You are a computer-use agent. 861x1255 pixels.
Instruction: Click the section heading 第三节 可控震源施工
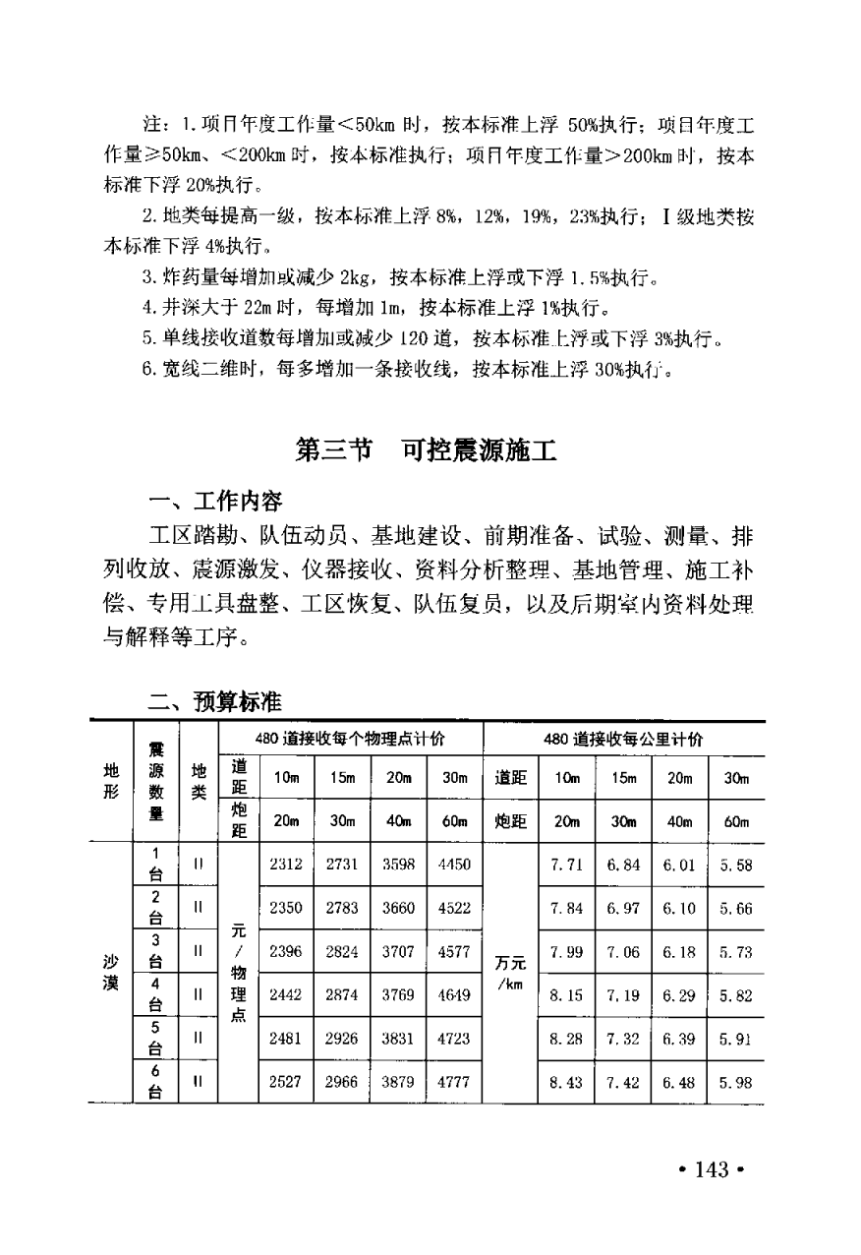pyautogui.click(x=426, y=451)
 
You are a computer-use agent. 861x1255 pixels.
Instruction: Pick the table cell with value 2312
pyautogui.click(x=286, y=865)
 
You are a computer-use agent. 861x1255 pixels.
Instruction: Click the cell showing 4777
pyautogui.click(x=454, y=1081)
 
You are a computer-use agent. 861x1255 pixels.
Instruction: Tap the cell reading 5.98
pyautogui.click(x=735, y=1082)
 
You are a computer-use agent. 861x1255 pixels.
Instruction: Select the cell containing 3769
pyautogui.click(x=398, y=994)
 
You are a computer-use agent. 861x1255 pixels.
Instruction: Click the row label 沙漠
pyautogui.click(x=110, y=973)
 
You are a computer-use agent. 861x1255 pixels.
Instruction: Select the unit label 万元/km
pyautogui.click(x=511, y=973)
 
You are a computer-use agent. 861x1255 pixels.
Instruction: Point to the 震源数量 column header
pyautogui.click(x=156, y=783)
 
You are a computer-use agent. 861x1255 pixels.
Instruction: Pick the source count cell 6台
pyautogui.click(x=155, y=1081)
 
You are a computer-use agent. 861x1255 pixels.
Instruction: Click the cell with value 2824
pyautogui.click(x=342, y=951)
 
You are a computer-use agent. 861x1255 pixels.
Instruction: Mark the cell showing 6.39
pyautogui.click(x=679, y=1038)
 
